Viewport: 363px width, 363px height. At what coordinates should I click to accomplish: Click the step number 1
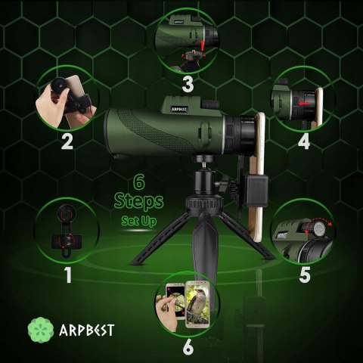tap(68, 275)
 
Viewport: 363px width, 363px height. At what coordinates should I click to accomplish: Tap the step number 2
tap(67, 141)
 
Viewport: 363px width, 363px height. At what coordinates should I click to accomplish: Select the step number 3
tap(188, 84)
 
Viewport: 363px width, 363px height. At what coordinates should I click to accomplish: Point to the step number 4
tap(304, 141)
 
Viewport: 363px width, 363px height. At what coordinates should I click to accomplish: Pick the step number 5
tap(305, 275)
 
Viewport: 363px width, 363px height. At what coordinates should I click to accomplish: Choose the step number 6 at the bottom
tap(188, 347)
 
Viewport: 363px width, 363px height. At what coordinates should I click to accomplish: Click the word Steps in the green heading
tap(138, 202)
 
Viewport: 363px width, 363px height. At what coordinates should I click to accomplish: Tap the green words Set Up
tap(138, 221)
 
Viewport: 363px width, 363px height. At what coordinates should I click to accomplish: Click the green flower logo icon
tap(41, 330)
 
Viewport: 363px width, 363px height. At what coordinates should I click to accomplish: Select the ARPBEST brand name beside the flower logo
tap(87, 330)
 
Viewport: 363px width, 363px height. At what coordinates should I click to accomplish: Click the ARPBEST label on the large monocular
tap(179, 109)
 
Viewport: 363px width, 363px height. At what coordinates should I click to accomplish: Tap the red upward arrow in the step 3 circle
tap(202, 45)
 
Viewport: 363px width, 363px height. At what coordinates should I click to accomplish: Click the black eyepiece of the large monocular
tap(240, 135)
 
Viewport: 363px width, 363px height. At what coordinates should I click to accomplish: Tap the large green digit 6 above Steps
tap(139, 183)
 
